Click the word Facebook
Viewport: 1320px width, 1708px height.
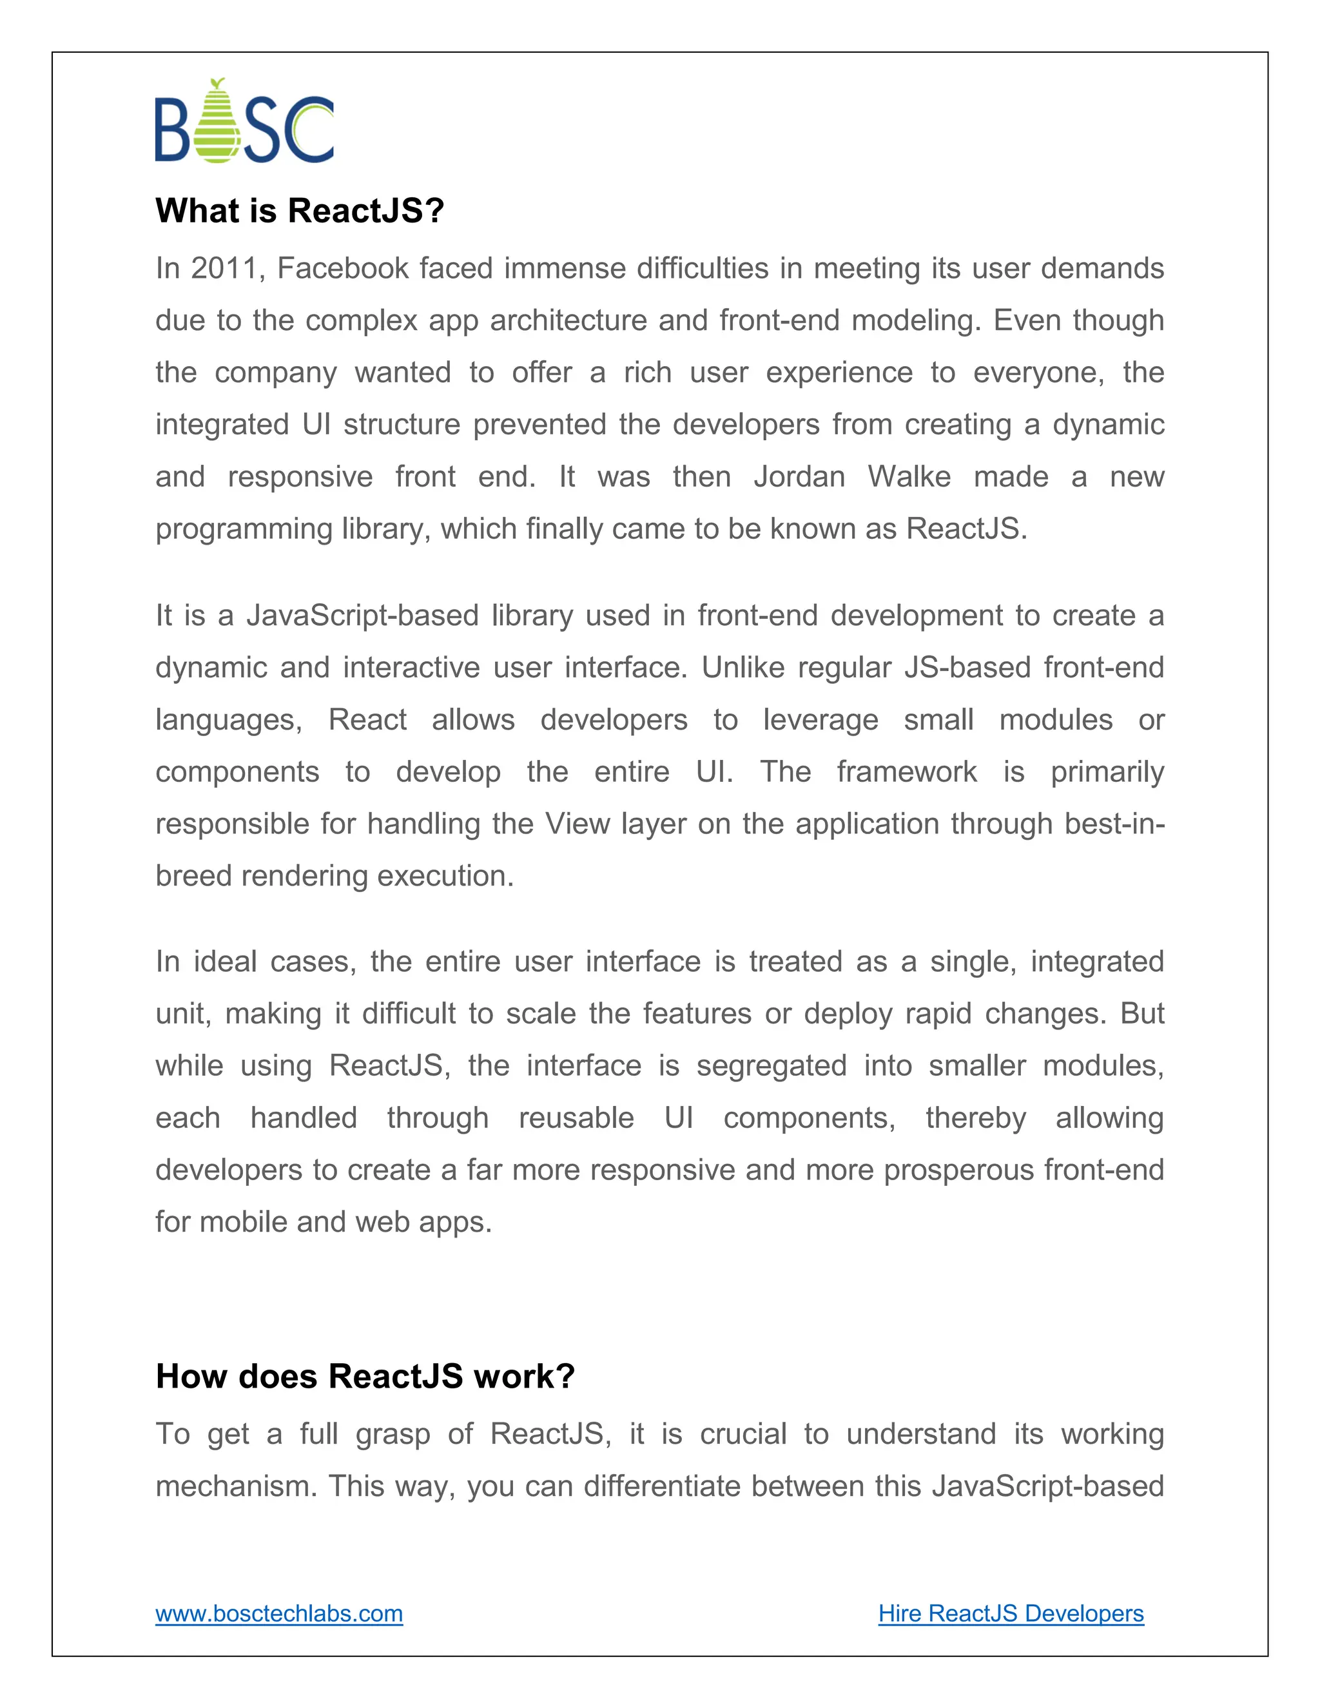[342, 268]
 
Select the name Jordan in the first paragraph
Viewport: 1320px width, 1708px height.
[799, 476]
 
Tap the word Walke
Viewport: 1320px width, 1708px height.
[909, 476]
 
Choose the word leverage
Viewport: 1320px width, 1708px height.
[820, 719]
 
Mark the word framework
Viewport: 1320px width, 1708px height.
[906, 772]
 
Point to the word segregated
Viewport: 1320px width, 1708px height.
[771, 1065]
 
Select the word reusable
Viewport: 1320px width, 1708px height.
[576, 1118]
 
